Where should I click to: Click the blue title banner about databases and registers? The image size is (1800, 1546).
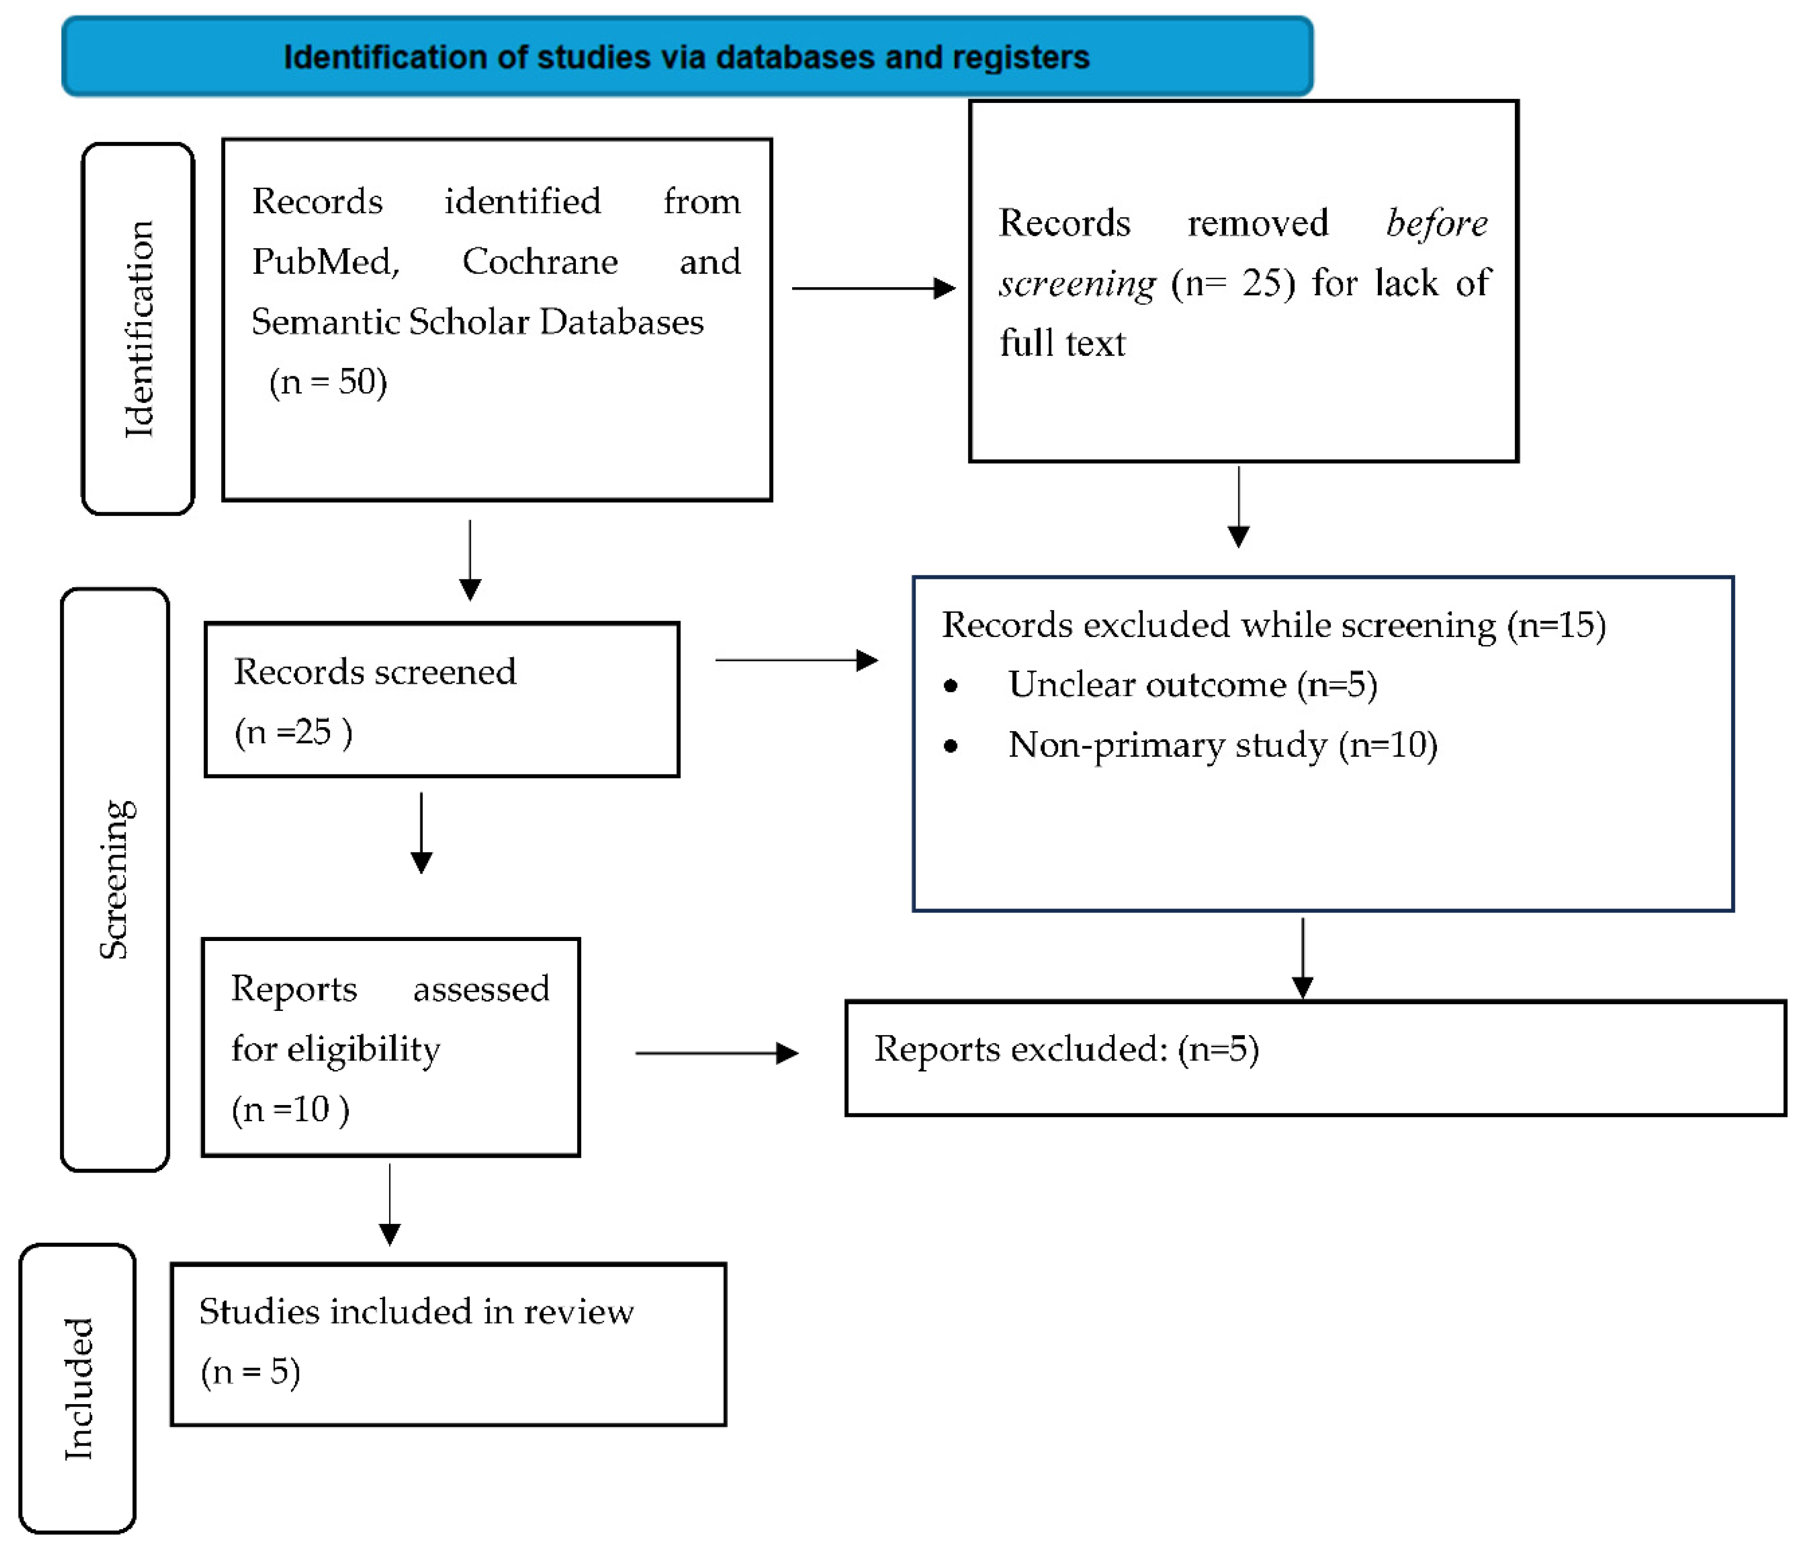click(x=686, y=57)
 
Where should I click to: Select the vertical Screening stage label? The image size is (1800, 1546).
click(x=116, y=879)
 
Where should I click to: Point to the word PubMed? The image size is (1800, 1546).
click(x=325, y=262)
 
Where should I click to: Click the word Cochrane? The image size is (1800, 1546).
click(x=539, y=262)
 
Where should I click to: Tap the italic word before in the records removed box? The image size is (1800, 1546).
click(x=1436, y=223)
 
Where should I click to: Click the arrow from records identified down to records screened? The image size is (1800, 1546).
click(x=470, y=561)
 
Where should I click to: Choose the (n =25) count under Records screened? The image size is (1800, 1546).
click(x=293, y=732)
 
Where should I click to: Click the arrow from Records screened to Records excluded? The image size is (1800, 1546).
click(x=796, y=661)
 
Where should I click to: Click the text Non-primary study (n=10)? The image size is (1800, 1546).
click(x=1222, y=745)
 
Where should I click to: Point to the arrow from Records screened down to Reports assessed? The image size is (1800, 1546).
click(x=421, y=833)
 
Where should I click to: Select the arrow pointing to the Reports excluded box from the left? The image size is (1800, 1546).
click(x=717, y=1053)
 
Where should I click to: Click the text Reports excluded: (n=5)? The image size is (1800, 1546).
click(x=1066, y=1049)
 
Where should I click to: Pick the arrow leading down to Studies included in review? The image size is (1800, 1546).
click(x=390, y=1205)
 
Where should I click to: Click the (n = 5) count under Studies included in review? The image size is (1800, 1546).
click(x=250, y=1371)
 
